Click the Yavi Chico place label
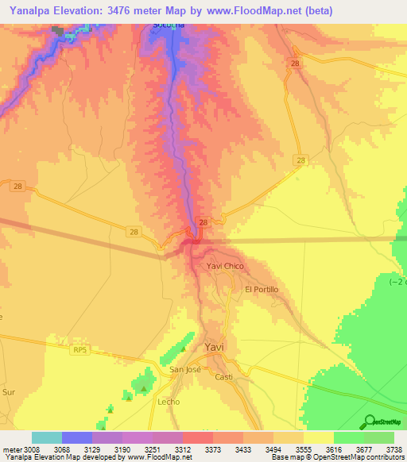click(225, 266)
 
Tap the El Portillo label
click(262, 290)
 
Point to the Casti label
click(223, 377)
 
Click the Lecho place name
click(168, 402)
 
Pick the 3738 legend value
click(393, 450)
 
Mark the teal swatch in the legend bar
click(47, 437)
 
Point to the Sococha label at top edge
click(169, 25)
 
